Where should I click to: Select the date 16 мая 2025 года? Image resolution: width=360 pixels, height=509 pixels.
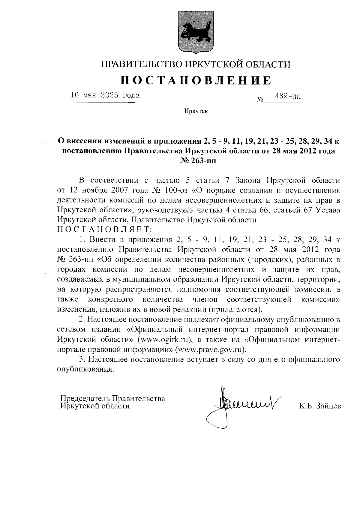point(105,95)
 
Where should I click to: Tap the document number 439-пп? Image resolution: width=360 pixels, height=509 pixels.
point(288,96)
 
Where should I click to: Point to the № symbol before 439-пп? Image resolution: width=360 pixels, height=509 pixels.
point(260,99)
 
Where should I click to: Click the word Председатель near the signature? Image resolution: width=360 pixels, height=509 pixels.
point(85,398)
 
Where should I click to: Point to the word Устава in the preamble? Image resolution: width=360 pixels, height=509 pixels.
point(328,210)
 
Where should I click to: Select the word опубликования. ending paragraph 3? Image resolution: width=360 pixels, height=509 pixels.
point(86,369)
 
